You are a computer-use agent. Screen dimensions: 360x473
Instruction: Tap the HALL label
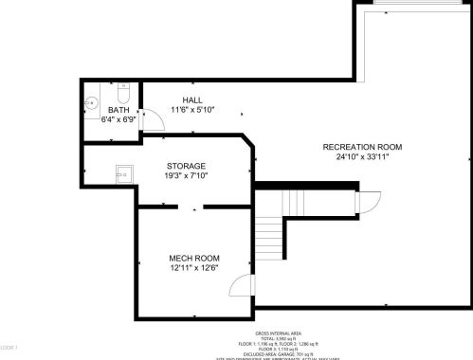192,99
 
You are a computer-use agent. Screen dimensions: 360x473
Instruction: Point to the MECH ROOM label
194,258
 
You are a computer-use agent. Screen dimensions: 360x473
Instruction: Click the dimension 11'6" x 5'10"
192,109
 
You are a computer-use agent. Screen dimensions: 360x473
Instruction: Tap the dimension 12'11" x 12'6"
194,268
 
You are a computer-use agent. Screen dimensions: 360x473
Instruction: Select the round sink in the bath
94,102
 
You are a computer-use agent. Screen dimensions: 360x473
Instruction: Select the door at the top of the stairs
365,202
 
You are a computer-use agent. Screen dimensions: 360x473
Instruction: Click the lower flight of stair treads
272,231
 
